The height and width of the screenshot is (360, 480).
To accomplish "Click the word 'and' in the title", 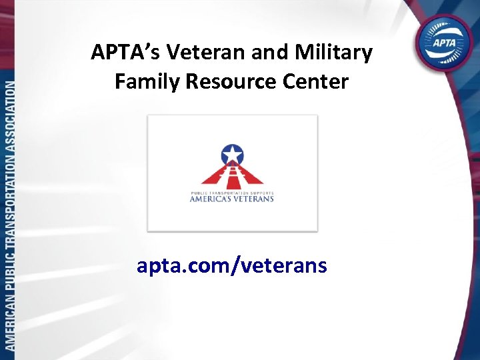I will point(270,52).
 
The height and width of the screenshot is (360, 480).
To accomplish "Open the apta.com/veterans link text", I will point(232,266).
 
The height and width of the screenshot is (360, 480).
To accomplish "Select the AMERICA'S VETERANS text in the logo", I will point(232,198).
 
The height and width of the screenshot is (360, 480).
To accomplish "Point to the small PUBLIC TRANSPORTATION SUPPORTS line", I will point(232,191).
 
